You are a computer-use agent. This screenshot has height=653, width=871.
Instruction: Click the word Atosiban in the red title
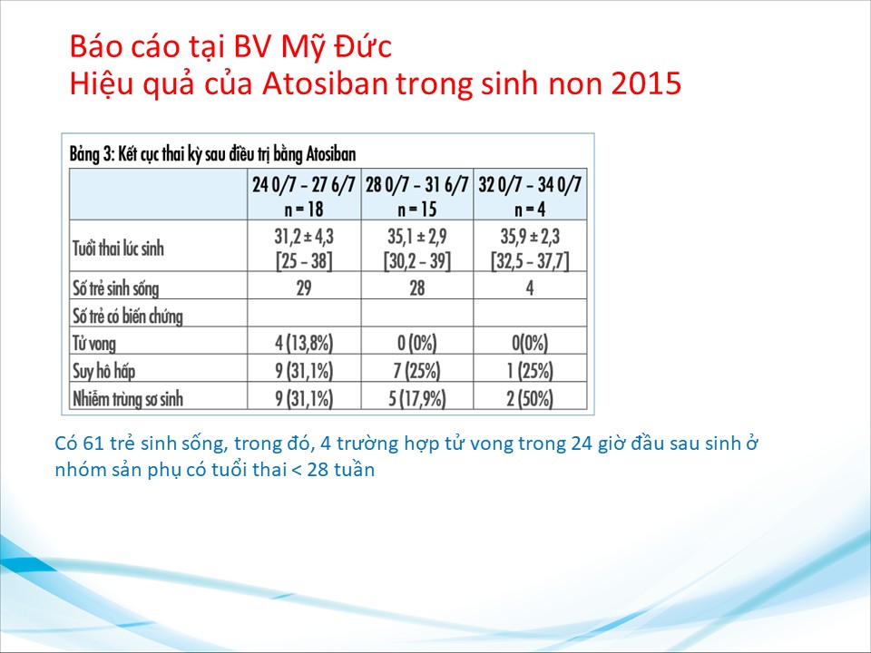[325, 83]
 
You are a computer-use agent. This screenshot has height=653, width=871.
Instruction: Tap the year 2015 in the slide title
[647, 83]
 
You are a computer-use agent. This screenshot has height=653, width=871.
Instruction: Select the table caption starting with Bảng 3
[212, 154]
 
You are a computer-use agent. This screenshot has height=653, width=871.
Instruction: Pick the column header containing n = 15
[417, 194]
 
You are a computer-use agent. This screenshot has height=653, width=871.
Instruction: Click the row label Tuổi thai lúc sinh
[118, 248]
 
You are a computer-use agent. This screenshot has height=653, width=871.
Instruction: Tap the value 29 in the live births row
[304, 288]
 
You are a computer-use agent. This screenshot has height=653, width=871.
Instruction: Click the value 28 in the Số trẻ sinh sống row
[417, 288]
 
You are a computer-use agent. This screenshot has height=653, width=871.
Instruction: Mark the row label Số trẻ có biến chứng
[128, 316]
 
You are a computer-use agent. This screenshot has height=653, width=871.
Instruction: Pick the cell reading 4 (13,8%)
[304, 343]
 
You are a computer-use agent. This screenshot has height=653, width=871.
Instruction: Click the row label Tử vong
[94, 343]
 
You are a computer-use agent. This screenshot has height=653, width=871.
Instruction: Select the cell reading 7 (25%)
[417, 370]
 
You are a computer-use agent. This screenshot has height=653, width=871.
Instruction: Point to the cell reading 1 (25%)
[530, 370]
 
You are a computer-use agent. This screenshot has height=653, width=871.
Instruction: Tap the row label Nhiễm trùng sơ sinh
[128, 398]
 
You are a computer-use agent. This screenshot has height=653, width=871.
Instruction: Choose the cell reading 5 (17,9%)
[417, 398]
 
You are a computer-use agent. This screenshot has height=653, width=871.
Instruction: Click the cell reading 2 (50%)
[530, 398]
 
